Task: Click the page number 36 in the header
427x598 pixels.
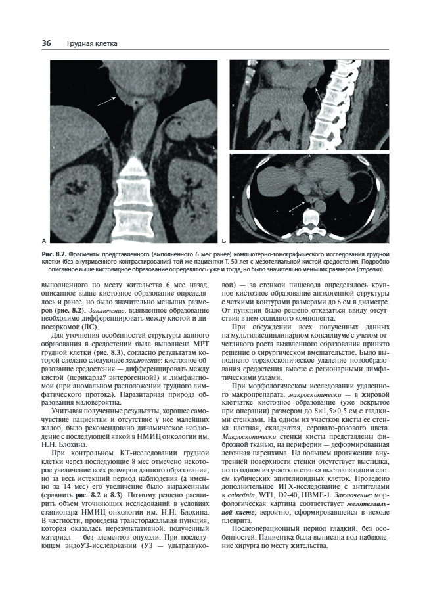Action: pos(46,43)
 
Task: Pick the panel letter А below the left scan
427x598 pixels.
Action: pos(43,241)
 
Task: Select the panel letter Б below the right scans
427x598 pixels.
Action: pos(225,241)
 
